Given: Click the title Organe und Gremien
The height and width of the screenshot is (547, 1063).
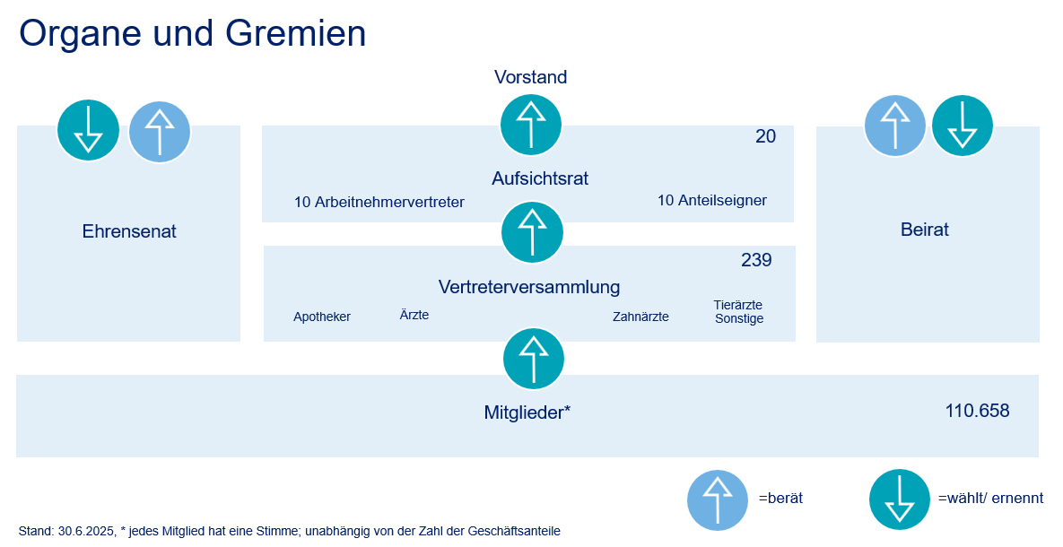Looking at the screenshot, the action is (x=193, y=34).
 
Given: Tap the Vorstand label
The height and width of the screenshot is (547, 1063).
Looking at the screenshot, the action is (x=531, y=77).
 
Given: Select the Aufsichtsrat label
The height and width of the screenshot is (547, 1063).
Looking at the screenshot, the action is (x=540, y=178).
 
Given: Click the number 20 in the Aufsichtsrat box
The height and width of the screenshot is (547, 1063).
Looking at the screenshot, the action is (x=765, y=136).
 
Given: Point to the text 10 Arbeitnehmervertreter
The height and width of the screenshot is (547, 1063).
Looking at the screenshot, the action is (x=379, y=202).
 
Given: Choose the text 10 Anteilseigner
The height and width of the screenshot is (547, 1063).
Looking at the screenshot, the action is (x=712, y=200).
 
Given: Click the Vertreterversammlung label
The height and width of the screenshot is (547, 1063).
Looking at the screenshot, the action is (x=528, y=287).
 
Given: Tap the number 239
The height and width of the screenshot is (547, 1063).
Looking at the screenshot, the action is (x=756, y=260).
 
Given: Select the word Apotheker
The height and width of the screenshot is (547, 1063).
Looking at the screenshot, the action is (x=322, y=317).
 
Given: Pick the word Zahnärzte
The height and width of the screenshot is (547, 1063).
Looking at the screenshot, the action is (x=640, y=317).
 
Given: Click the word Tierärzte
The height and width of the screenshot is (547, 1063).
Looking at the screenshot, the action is (x=738, y=305).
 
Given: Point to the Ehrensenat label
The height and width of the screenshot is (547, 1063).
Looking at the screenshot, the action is (x=129, y=232).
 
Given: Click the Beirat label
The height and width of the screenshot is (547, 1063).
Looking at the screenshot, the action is (x=925, y=230).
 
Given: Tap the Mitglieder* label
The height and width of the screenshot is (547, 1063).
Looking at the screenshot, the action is (x=527, y=412).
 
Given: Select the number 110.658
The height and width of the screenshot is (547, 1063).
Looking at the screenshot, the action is (x=977, y=411).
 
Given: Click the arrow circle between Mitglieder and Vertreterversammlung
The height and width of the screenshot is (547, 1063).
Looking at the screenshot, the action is (x=534, y=359).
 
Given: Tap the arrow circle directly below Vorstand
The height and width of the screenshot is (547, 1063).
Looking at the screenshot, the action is (x=531, y=125).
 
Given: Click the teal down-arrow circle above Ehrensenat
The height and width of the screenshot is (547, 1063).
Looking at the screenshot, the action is (x=88, y=130).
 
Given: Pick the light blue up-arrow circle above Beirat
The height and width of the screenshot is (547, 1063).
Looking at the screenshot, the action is (x=895, y=126).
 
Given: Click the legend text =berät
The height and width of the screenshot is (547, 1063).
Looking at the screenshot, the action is (x=780, y=499).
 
